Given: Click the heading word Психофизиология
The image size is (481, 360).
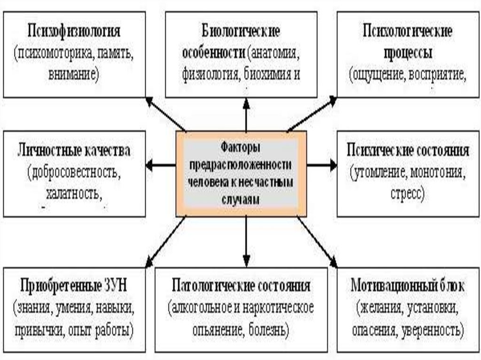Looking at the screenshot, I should click(x=74, y=32).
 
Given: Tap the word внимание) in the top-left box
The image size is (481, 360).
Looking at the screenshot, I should click(x=73, y=74).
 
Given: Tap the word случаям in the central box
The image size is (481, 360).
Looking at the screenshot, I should click(x=240, y=199).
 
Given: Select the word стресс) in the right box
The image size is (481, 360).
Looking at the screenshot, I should click(x=407, y=193).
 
